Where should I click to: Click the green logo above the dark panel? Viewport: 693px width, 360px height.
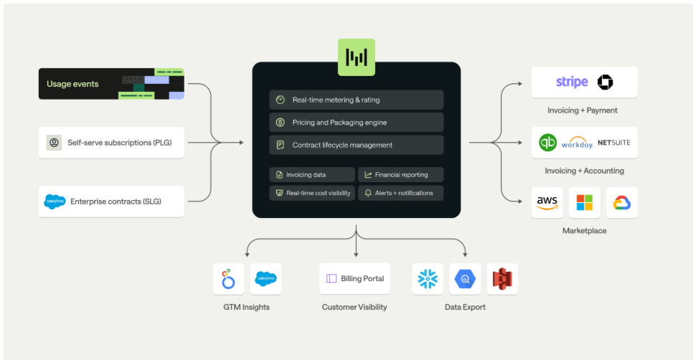(357, 57)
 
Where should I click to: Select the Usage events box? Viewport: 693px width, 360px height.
(111, 84)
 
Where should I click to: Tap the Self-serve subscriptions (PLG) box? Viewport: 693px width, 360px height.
(111, 142)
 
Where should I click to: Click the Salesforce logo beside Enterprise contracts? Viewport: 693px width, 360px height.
(55, 202)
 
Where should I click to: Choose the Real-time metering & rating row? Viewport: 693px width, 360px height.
(356, 100)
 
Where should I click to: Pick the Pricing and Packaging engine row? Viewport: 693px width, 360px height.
(356, 123)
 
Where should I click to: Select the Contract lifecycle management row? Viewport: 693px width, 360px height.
(356, 145)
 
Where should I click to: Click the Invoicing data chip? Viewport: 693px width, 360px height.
(312, 174)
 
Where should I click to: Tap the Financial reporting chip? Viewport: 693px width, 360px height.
(400, 174)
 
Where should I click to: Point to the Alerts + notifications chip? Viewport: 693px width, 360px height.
(400, 193)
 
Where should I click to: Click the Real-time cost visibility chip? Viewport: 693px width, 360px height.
(312, 193)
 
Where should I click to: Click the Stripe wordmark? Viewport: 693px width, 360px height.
(572, 82)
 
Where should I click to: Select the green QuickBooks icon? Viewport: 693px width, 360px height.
(548, 142)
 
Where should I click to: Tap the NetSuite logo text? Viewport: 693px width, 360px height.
(613, 143)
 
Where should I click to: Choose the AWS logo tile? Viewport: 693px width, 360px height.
(547, 203)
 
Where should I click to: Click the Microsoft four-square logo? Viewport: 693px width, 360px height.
(585, 203)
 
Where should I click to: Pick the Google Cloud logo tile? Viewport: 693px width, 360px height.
(621, 203)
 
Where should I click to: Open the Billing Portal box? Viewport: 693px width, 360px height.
(355, 278)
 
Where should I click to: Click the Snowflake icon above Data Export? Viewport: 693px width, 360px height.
(428, 279)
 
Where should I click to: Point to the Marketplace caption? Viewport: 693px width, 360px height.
(584, 231)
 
